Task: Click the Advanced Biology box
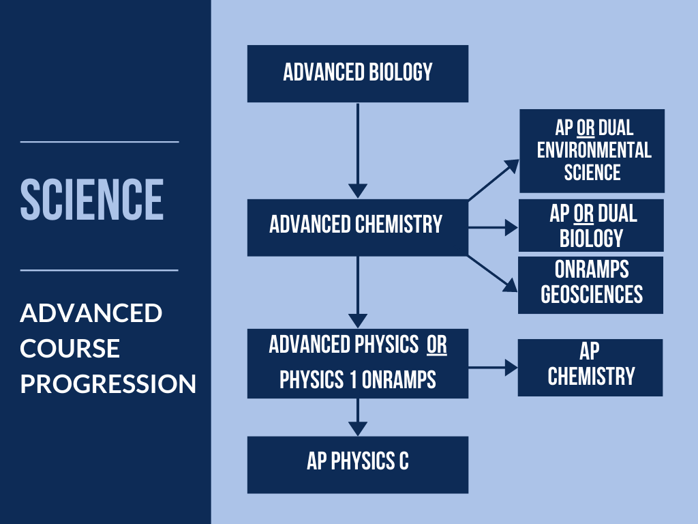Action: [x=357, y=74]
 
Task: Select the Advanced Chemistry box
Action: [x=357, y=228]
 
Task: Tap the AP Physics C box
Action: [x=357, y=465]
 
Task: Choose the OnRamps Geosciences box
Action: [x=591, y=285]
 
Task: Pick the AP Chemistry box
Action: [x=590, y=368]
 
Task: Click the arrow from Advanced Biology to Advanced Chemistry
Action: [x=357, y=151]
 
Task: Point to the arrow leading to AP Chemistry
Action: [x=493, y=368]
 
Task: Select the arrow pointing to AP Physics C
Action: [x=357, y=417]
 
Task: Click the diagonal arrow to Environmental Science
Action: [x=494, y=179]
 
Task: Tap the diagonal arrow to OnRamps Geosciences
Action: [x=492, y=274]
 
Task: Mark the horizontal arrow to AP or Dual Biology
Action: [x=494, y=228]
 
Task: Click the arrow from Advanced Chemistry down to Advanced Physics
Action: [x=357, y=292]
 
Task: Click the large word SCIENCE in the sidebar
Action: [x=92, y=199]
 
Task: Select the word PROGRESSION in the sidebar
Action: [x=108, y=383]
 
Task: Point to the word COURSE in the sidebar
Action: [x=70, y=349]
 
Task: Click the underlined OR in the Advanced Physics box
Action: [x=437, y=345]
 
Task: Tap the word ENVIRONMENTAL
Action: [x=594, y=150]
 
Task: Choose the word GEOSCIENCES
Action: [x=592, y=294]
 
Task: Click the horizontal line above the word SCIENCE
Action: [x=100, y=142]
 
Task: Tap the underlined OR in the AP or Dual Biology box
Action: [x=583, y=214]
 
